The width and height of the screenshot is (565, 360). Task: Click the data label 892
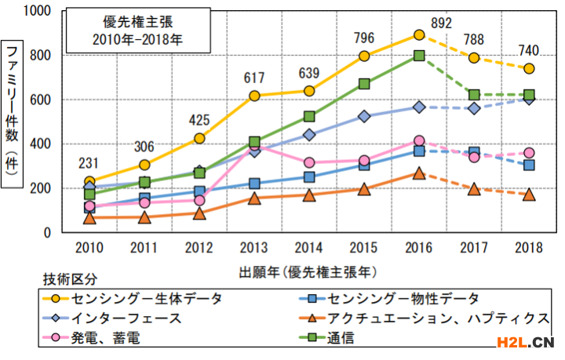click(442, 24)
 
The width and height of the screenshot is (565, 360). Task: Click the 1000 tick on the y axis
click(37, 11)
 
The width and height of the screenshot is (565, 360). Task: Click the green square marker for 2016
click(419, 56)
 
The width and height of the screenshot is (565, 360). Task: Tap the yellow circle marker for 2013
click(254, 96)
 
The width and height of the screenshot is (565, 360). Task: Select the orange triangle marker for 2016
click(419, 173)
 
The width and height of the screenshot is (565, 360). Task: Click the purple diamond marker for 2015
click(364, 116)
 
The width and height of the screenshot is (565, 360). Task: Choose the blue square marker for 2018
click(529, 165)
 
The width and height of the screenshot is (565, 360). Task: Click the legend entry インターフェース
click(126, 318)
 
